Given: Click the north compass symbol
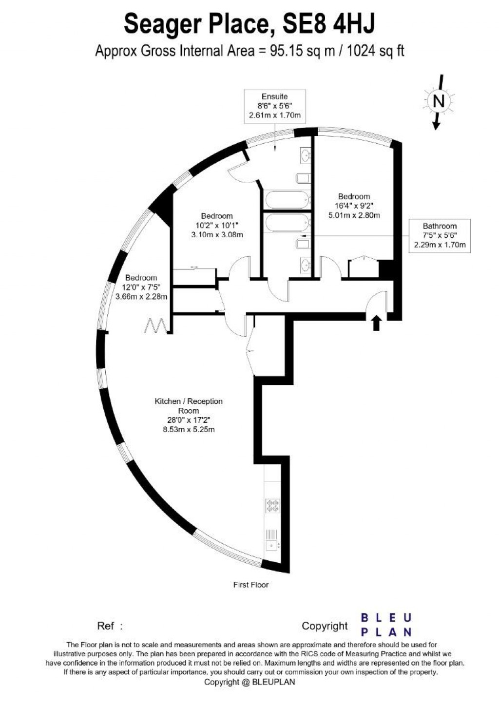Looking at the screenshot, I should (x=439, y=101).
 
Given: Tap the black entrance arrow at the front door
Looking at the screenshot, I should (x=376, y=323).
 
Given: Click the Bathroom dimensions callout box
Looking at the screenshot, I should (x=440, y=235).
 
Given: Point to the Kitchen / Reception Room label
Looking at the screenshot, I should (x=189, y=415).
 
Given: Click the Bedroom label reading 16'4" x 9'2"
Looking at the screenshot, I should (x=354, y=206).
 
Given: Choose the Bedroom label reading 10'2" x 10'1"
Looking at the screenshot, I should (x=217, y=225).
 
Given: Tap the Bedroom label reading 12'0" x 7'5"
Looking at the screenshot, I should (x=141, y=287).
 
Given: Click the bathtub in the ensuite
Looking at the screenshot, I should (x=287, y=199).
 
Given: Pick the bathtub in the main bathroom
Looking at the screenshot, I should (x=287, y=223).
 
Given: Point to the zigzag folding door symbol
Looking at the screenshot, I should (x=157, y=325).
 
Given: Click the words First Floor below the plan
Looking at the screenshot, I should (x=251, y=585).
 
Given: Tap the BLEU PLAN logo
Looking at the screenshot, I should (x=386, y=625).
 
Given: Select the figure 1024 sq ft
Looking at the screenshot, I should (x=375, y=50).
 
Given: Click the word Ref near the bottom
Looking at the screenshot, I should (x=106, y=626).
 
